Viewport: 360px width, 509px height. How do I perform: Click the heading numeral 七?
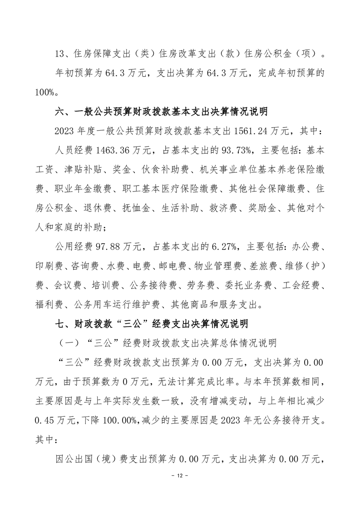(59, 323)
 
